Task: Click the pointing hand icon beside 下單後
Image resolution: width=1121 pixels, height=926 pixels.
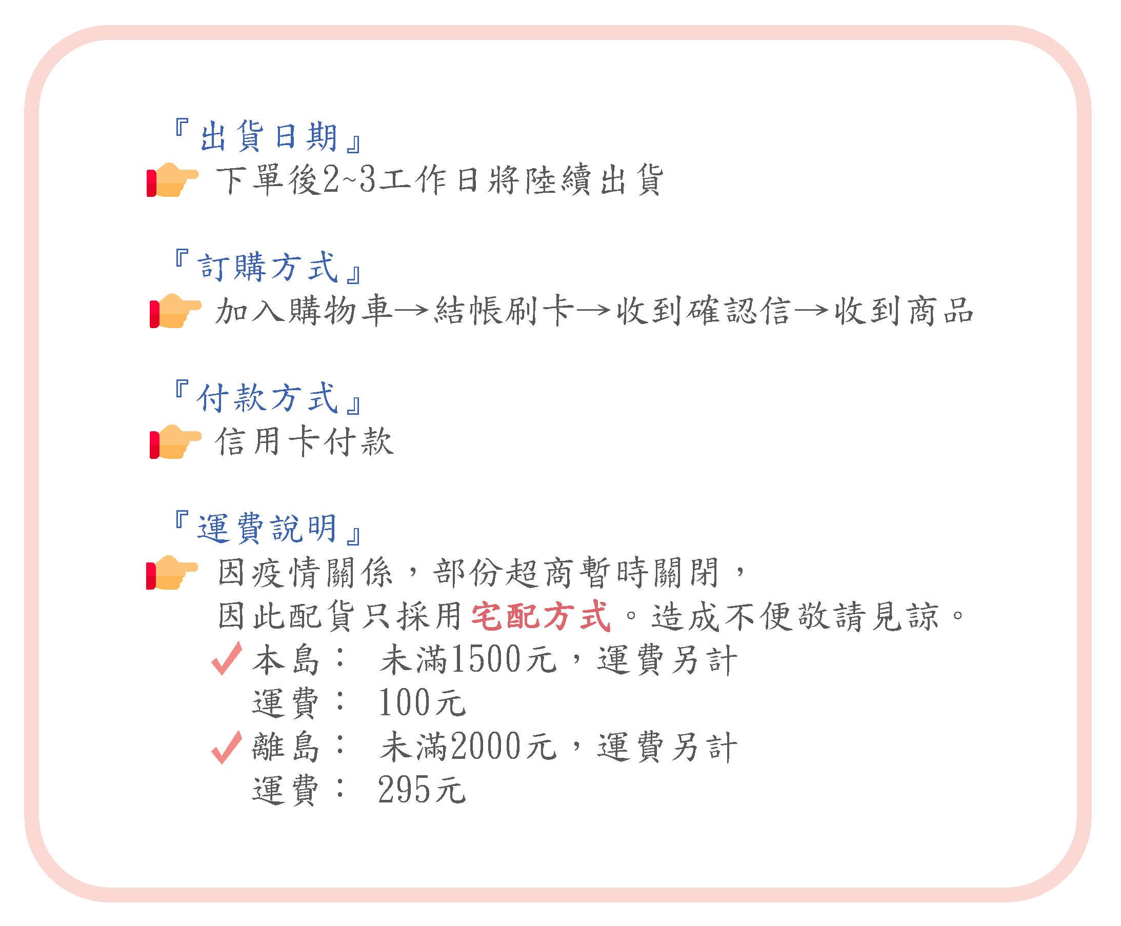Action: tap(172, 179)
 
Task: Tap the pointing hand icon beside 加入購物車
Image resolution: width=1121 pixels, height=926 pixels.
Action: tap(174, 310)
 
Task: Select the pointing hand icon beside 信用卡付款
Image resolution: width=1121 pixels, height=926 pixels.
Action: tap(174, 441)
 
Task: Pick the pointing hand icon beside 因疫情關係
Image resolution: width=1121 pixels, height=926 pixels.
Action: tap(172, 572)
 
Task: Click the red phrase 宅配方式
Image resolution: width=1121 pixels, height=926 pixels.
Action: tap(541, 616)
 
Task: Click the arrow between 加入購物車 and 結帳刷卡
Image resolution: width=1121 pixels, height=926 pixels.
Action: tap(411, 310)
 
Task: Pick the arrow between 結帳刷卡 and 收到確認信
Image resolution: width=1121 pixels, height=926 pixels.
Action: tap(592, 310)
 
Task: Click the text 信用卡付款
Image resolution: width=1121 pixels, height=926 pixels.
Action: tap(304, 441)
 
